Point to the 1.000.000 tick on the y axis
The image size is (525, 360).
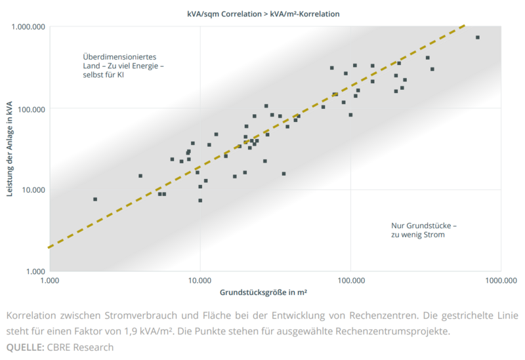[x=28, y=27]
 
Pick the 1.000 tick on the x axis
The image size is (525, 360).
[x=50, y=280]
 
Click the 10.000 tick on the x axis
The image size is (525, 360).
[x=200, y=280]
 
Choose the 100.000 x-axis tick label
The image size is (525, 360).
[x=350, y=280]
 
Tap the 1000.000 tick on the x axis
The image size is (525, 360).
[x=501, y=280]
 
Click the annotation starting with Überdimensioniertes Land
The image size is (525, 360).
[x=123, y=66]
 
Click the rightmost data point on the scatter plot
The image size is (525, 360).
[x=478, y=37]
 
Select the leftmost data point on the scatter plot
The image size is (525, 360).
[x=95, y=199]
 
